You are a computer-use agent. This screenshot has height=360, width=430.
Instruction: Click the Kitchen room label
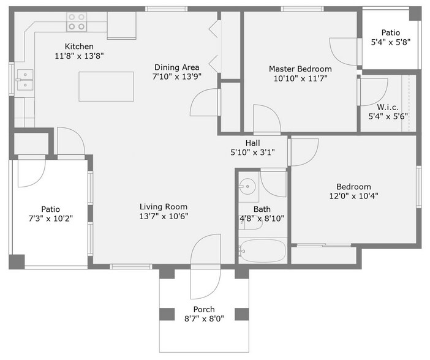(x=79, y=47)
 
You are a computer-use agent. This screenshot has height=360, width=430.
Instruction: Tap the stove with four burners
(x=77, y=23)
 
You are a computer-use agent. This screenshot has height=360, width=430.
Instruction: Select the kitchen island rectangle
(x=107, y=86)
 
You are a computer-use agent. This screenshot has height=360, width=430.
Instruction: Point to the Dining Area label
(x=175, y=67)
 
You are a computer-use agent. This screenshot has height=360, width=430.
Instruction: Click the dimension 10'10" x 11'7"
(x=300, y=79)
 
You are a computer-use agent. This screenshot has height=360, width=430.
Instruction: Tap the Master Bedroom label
(x=300, y=69)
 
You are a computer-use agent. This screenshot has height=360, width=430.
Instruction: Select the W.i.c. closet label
(x=388, y=107)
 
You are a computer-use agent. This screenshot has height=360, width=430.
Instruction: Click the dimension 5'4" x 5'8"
(x=390, y=43)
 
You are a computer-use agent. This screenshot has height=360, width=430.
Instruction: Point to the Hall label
(x=252, y=143)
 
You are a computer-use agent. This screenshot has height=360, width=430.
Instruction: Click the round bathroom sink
(x=247, y=186)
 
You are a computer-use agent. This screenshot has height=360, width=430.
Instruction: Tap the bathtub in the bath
(x=263, y=251)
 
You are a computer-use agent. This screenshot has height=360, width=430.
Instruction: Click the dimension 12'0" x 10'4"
(x=353, y=197)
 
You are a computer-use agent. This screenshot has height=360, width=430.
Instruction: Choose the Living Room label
(x=163, y=207)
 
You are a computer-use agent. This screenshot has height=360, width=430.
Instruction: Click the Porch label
(x=203, y=309)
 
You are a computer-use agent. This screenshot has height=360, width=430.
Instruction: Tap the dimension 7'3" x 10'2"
(x=51, y=219)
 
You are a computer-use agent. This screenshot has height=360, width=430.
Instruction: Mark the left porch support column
(x=167, y=314)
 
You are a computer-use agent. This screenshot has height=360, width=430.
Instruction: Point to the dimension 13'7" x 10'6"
(x=163, y=217)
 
